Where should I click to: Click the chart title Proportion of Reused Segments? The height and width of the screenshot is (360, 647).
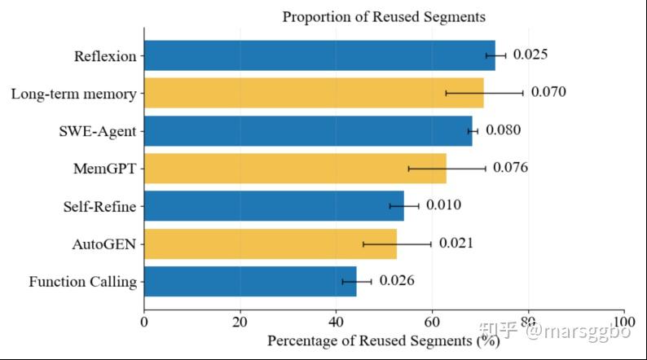(384, 17)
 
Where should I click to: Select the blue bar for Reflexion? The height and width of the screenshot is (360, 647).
(319, 55)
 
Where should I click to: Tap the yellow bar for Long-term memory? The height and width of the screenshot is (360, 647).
(314, 93)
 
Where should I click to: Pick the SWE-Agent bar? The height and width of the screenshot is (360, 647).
(308, 130)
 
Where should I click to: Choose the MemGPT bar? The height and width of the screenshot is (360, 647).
(296, 169)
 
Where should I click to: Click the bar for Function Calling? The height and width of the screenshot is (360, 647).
(250, 281)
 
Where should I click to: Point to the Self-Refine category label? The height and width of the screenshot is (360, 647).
(99, 206)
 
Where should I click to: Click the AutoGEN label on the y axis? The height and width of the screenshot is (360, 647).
(104, 244)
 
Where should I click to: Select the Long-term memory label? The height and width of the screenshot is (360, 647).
(74, 94)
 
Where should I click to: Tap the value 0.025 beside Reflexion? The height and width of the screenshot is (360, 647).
(530, 55)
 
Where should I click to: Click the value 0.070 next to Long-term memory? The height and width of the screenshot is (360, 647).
(548, 92)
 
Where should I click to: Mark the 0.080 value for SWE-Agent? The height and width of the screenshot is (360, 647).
(503, 130)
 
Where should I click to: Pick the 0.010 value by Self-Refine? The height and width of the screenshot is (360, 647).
(443, 205)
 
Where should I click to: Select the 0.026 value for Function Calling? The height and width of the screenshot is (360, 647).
(397, 280)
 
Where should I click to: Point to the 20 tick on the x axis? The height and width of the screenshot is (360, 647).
(240, 322)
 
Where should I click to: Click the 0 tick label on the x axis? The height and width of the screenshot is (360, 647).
(144, 322)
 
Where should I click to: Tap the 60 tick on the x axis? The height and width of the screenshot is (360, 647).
(432, 322)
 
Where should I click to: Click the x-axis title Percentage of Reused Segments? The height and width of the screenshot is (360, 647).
(384, 341)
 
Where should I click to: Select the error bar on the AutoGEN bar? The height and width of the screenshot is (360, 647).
(397, 244)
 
